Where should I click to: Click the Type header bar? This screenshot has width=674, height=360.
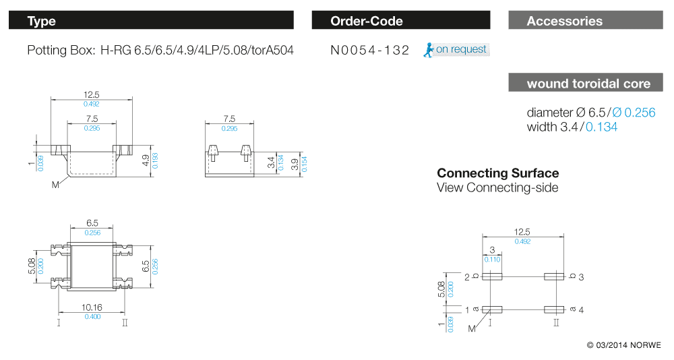tap(151, 21)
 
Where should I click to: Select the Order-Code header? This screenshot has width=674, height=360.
tap(402, 21)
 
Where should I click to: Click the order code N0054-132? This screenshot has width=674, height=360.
tap(370, 50)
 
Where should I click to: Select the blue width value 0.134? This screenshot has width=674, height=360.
tap(601, 127)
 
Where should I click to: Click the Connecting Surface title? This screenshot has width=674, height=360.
tap(497, 173)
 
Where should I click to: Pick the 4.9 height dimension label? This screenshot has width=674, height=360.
tap(145, 160)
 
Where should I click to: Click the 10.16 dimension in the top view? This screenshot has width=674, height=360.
tap(93, 307)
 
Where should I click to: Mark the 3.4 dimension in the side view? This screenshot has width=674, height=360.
tap(271, 162)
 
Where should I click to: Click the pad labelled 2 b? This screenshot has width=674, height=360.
tap(493, 276)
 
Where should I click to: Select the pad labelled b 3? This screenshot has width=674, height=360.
tap(554, 276)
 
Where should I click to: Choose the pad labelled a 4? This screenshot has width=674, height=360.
tap(554, 309)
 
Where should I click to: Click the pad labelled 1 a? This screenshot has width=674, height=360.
tap(493, 309)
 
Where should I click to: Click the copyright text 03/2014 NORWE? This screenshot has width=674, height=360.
tap(624, 345)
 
